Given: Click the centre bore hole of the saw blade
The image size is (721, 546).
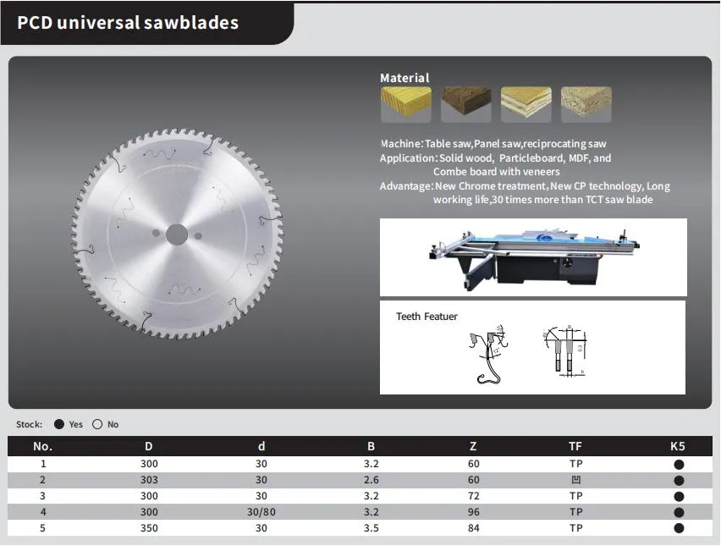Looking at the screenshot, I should (177, 234).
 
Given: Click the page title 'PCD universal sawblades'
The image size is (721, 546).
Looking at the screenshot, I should (128, 22).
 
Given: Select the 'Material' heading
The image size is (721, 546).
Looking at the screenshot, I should (405, 78).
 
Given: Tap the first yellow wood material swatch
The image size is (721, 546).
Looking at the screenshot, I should (405, 104).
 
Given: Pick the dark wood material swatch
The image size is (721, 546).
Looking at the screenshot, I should (465, 104).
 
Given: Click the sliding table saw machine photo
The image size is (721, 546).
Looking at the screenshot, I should (532, 256).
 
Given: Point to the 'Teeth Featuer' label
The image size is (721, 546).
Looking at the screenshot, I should (427, 317).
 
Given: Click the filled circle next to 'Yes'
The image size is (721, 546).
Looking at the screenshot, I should (59, 424).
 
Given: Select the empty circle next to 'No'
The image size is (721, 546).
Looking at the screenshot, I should (97, 424).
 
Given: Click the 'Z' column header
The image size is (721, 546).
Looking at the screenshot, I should (473, 446).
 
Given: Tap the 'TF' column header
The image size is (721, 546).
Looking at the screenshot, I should (575, 446).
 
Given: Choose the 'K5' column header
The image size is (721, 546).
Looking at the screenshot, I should (678, 446).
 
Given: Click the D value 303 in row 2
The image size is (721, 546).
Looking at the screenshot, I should (149, 480).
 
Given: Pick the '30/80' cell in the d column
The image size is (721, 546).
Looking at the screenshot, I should (261, 512).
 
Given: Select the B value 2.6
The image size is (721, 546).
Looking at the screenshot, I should (371, 480).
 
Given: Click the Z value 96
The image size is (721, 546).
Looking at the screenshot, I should (473, 512).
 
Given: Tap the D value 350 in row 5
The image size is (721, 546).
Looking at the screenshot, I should (149, 528).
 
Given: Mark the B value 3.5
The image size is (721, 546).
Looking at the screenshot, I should (371, 528).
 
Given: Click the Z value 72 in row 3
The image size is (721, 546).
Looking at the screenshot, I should (473, 496).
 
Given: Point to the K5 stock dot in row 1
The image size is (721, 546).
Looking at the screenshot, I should (679, 464).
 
